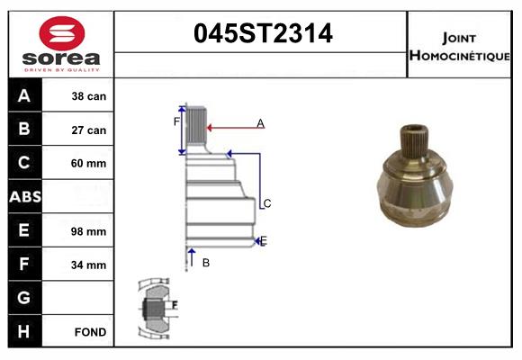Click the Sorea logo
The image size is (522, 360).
(x=61, y=45)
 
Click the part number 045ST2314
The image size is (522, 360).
(x=264, y=34)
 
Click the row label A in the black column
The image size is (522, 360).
(x=24, y=95)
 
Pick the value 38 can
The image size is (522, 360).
(x=89, y=96)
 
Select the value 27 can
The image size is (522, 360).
(x=89, y=130)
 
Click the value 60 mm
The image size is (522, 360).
(x=89, y=164)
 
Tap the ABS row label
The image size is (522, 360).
(x=24, y=197)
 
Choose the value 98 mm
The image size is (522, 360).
(x=89, y=231)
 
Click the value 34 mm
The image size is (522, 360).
(x=89, y=265)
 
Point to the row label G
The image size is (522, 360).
(x=24, y=298)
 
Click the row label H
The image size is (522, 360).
(x=24, y=332)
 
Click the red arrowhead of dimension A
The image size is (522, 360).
(x=211, y=128)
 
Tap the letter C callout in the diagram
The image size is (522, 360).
(x=266, y=203)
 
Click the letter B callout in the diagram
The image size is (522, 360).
(x=205, y=263)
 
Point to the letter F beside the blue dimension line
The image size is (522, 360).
(x=177, y=121)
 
